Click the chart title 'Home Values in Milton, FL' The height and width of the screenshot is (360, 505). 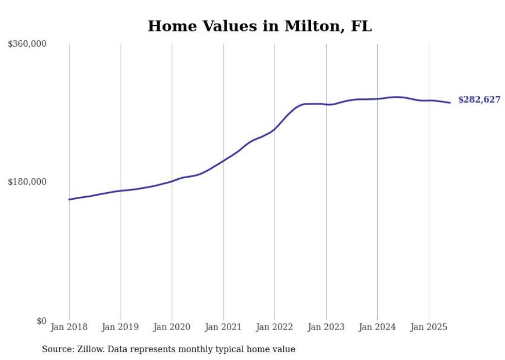pos(259,26)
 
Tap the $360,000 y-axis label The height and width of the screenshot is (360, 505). pos(27,44)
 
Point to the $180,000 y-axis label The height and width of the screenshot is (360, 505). pos(27,182)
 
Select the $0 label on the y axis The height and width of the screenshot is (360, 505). pos(41,321)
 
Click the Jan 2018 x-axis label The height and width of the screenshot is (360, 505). pos(69,327)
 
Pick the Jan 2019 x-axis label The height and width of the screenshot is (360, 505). pos(121,327)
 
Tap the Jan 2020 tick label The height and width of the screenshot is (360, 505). pos(172,327)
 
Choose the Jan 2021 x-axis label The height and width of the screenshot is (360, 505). pos(223,327)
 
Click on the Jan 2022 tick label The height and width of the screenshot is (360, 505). pos(275,327)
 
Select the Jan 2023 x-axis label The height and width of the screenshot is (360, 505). pos(326,327)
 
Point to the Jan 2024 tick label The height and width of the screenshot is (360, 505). pos(377,327)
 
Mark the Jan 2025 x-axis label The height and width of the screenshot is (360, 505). pos(429,327)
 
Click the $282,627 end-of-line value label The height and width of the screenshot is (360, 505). pos(479,100)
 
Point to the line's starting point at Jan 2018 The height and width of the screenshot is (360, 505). pos(70,199)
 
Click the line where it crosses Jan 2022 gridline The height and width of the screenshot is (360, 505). pos(275,129)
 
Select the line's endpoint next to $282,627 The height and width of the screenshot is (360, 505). pos(450,102)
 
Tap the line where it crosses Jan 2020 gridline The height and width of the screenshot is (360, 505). pos(172,181)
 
